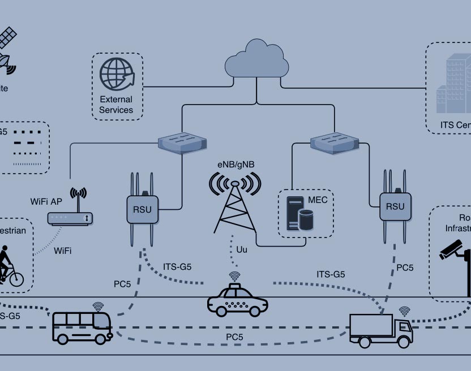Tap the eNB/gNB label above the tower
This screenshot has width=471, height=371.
[236, 165]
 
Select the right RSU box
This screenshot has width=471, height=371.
[395, 206]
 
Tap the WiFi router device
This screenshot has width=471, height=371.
[70, 218]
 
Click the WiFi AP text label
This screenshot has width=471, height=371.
[46, 201]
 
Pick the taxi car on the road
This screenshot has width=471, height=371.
[237, 300]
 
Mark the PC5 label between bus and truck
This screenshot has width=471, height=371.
[235, 337]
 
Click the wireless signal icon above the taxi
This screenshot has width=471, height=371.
[234, 277]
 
